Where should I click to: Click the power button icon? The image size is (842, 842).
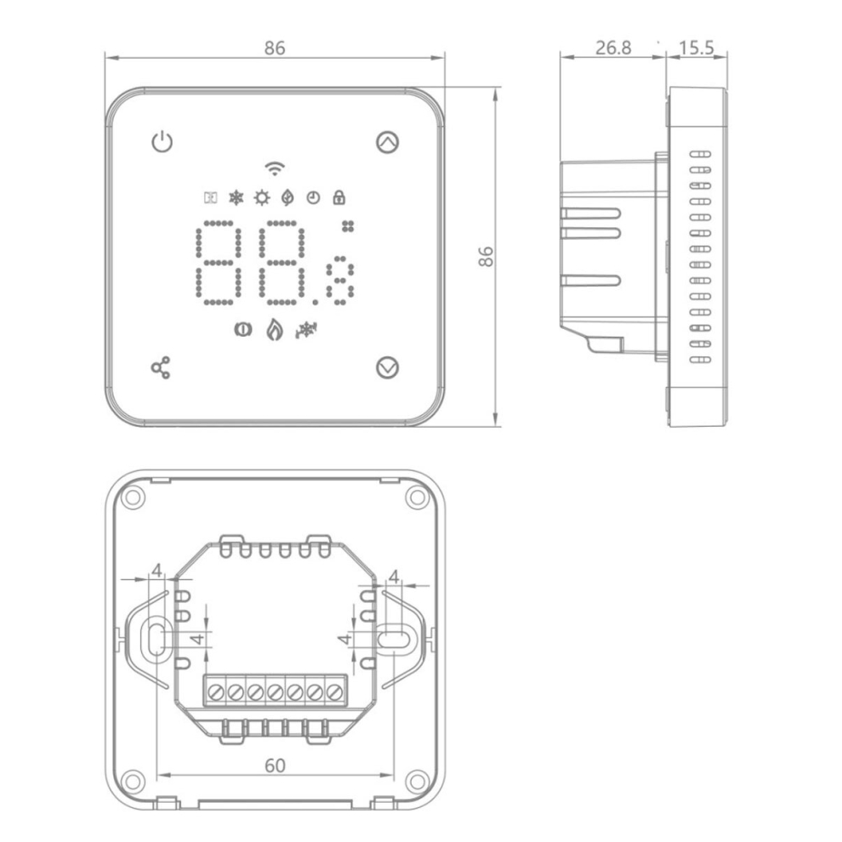(x=162, y=142)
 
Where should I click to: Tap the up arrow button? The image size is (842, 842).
(x=387, y=142)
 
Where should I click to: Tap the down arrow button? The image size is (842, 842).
(x=387, y=367)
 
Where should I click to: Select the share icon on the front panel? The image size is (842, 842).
(x=161, y=367)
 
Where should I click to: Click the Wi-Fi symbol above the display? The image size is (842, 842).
(x=275, y=168)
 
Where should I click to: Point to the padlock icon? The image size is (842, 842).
(x=339, y=197)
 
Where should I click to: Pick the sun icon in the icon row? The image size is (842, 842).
(x=261, y=197)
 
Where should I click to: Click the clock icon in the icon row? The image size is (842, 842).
(x=313, y=198)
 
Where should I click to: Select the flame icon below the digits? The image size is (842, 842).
(x=275, y=329)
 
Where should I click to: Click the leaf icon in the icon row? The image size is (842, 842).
(x=287, y=197)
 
